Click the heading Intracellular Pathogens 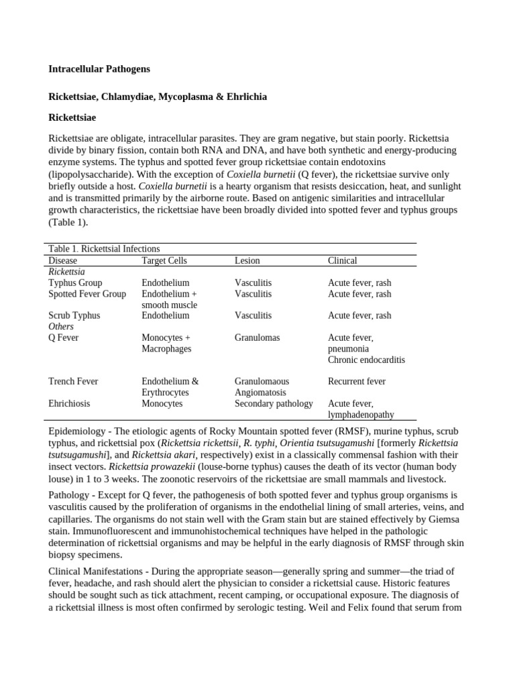tap(99, 68)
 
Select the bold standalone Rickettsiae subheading tap(72, 117)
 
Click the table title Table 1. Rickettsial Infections tap(104, 249)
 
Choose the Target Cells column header tap(164, 260)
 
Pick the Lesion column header tap(247, 260)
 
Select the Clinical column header tap(342, 260)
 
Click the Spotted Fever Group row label tap(87, 294)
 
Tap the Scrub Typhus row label tap(74, 315)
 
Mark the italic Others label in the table tap(61, 327)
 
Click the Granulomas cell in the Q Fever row tap(257, 337)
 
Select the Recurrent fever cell tap(356, 381)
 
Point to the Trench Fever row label tap(73, 381)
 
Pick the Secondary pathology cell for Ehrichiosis tap(274, 403)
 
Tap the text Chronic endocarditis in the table tap(366, 360)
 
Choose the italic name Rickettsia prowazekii tap(152, 466)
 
